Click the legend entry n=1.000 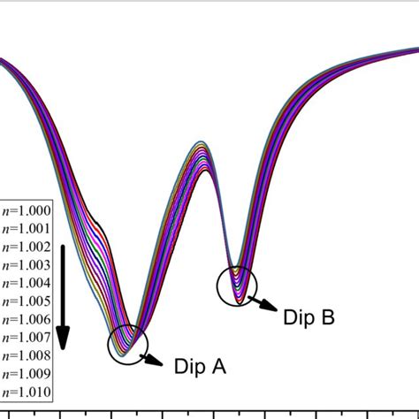(27, 210)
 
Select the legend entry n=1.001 (27, 228)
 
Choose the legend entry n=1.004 (27, 283)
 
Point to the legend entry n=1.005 (27, 301)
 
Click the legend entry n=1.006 (27, 319)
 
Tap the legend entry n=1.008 (27, 355)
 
